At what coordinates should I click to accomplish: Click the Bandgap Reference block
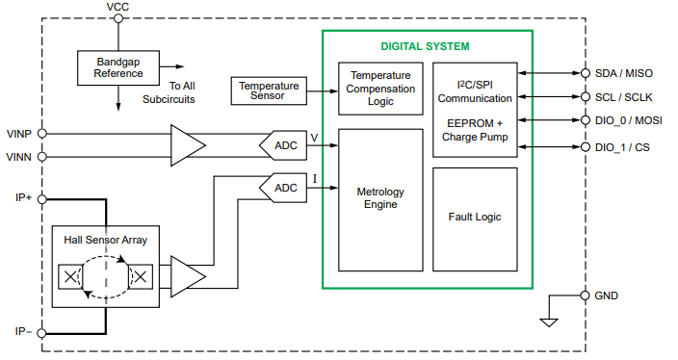[118, 66]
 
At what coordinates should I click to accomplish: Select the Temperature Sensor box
[269, 90]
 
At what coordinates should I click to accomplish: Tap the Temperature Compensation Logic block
[381, 89]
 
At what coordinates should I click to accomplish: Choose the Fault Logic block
[475, 218]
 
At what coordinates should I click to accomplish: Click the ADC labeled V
[285, 144]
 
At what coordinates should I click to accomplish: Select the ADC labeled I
[285, 187]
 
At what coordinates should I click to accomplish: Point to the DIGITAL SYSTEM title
[425, 45]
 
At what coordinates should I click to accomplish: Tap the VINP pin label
[20, 135]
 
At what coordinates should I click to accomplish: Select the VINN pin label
[20, 155]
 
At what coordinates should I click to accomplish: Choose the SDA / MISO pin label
[625, 73]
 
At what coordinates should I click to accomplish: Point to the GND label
[607, 296]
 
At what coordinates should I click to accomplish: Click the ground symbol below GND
[549, 321]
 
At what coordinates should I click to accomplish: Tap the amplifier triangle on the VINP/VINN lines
[187, 144]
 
